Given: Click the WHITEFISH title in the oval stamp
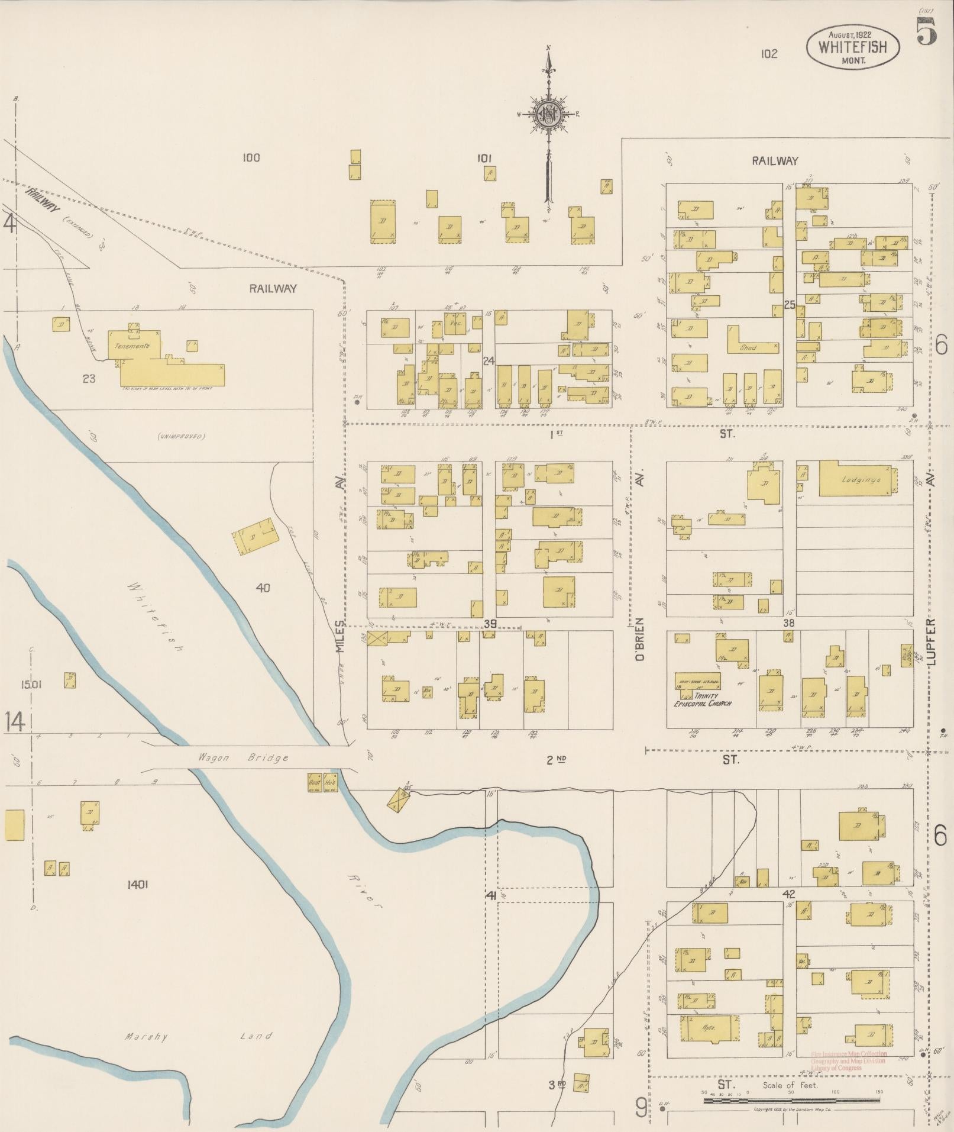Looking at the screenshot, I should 853,47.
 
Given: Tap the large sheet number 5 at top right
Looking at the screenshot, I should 927,31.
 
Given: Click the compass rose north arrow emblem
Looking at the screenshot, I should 548,114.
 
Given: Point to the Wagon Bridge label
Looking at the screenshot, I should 244,758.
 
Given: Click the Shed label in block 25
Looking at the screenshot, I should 749,348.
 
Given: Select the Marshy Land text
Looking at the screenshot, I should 198,1036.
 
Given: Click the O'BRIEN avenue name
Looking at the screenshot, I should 639,639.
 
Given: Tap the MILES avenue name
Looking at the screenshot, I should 339,637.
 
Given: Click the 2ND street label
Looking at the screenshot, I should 554,760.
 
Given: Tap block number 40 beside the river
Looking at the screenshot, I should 263,588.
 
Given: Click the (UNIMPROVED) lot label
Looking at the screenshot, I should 181,437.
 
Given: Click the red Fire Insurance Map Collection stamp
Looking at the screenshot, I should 849,1061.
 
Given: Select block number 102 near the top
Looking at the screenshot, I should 769,54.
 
